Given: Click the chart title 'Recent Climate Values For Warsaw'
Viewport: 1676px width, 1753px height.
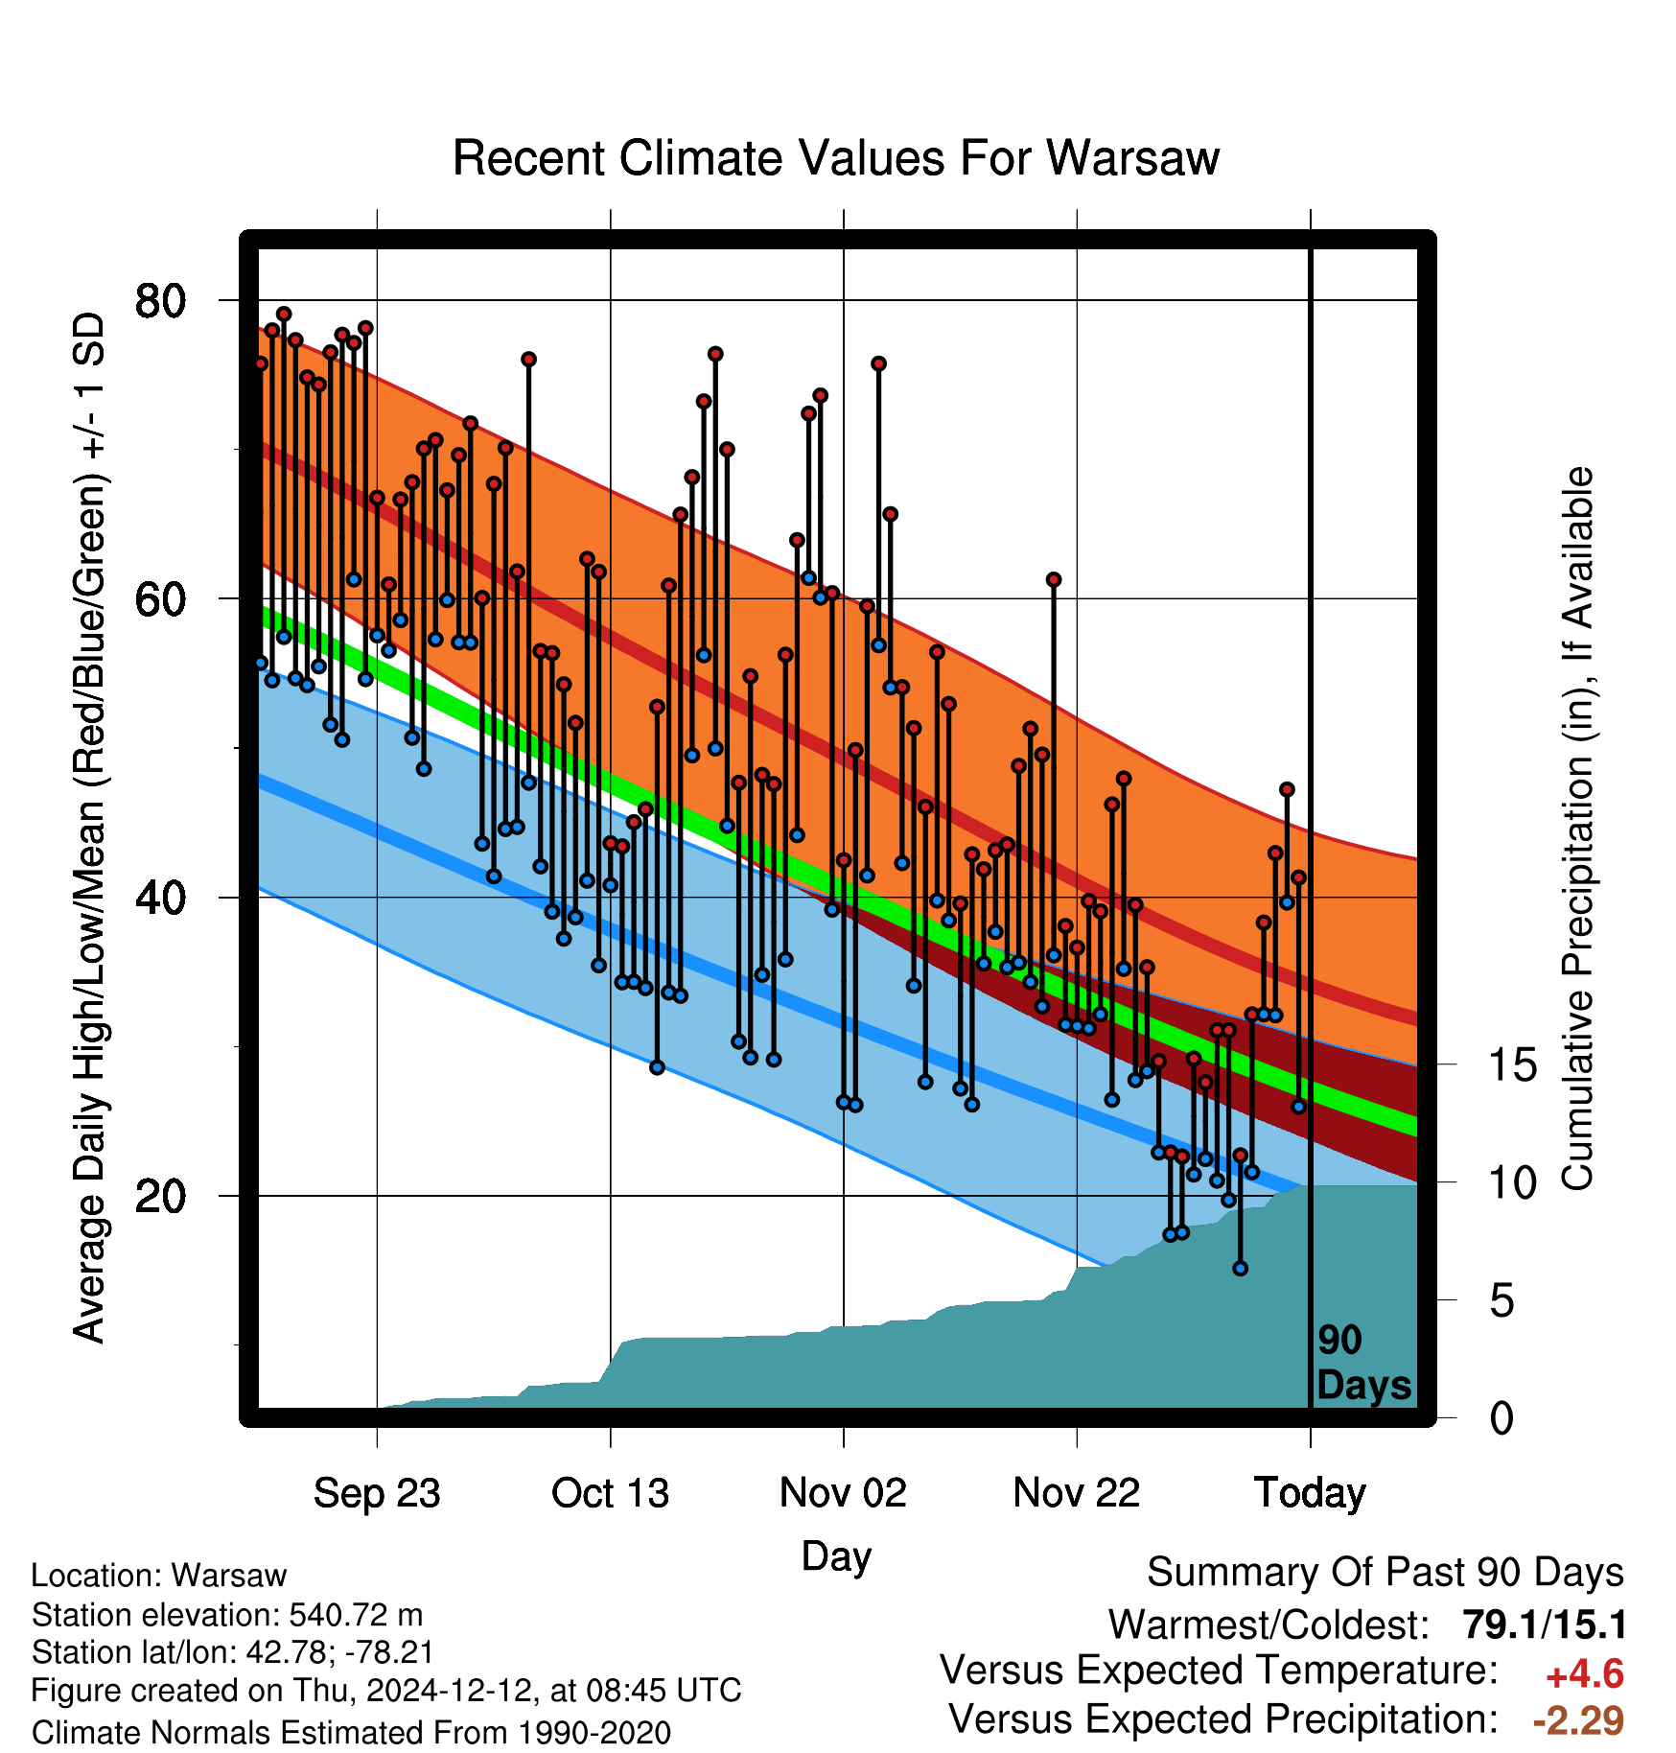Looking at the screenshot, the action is [x=835, y=158].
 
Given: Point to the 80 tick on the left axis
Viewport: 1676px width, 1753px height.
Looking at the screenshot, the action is [x=160, y=301].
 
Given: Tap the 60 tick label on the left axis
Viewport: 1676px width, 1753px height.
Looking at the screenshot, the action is [x=160, y=599].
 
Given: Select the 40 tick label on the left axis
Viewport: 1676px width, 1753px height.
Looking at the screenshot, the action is [x=160, y=898].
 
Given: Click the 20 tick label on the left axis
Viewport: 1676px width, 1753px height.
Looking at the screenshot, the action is [x=160, y=1196].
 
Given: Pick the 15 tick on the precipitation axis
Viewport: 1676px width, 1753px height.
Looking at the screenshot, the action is [x=1512, y=1064].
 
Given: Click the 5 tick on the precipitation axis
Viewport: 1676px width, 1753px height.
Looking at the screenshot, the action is [x=1501, y=1300].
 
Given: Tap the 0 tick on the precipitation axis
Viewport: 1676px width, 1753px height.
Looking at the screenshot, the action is [x=1501, y=1417].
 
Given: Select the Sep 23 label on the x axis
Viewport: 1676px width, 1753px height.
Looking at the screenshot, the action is [x=377, y=1493].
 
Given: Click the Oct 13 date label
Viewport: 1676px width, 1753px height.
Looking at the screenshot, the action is [x=610, y=1493].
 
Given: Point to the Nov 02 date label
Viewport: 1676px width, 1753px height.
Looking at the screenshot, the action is [x=843, y=1493].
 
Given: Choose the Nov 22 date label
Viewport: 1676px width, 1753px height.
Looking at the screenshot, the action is [x=1077, y=1493].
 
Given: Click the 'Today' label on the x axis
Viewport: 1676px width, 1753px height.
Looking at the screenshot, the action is [x=1310, y=1493].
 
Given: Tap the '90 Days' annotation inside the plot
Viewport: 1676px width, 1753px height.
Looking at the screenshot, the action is [x=1363, y=1363].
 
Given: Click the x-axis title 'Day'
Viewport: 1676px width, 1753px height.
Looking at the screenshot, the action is [x=836, y=1555].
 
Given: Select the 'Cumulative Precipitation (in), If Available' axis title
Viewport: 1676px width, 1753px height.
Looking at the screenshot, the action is [x=1577, y=829].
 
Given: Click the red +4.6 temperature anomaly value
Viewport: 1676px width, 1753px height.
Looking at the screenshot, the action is [x=1584, y=1674].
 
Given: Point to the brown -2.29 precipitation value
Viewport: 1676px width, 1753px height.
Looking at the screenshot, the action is [x=1578, y=1720].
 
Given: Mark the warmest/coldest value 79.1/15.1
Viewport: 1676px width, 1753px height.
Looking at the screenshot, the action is [x=1544, y=1624].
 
